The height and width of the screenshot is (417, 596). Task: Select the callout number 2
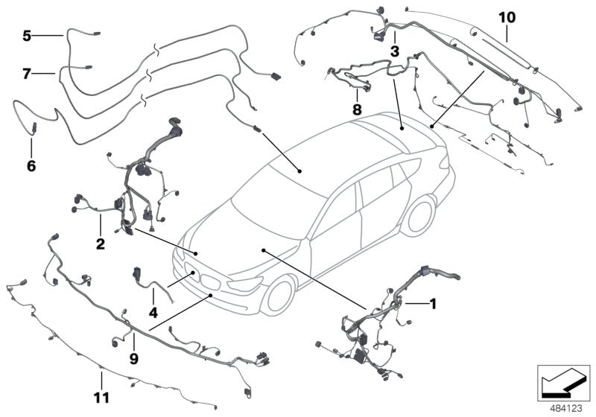pos(100,243)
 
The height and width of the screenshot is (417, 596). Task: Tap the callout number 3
pos(394,51)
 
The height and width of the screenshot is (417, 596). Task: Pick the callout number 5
pos(27,35)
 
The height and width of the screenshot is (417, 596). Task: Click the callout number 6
pos(31,165)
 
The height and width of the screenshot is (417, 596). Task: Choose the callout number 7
pos(27,74)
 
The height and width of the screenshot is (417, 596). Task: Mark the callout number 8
pos(357,109)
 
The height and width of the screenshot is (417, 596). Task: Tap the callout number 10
pos(507,16)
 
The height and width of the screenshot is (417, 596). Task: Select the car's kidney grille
pos(212,283)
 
